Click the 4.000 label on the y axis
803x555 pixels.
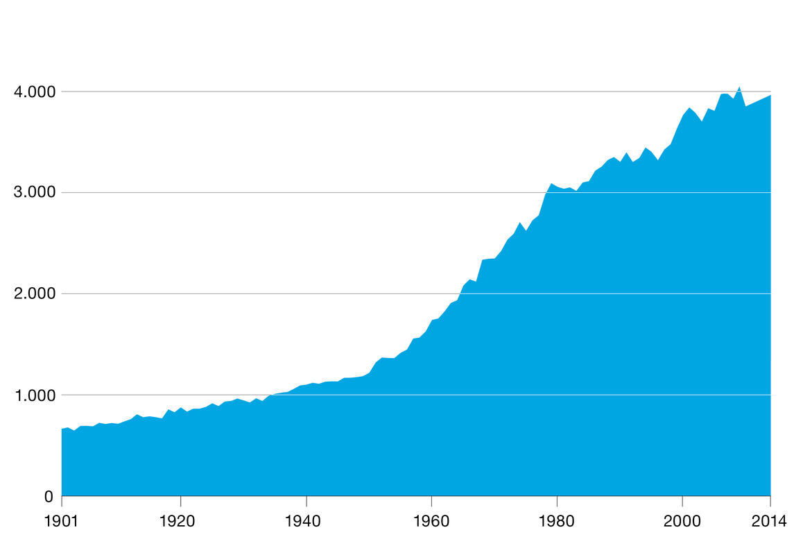point(34,92)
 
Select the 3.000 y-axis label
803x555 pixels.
point(34,193)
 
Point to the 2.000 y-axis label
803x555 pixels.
point(34,294)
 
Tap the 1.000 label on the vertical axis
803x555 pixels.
point(34,395)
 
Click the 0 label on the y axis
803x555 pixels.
point(49,497)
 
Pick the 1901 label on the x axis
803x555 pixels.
point(62,521)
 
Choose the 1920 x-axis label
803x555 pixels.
point(178,521)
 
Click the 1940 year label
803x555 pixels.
point(302,521)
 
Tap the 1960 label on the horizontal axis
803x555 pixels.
point(431,521)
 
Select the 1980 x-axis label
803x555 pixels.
point(556,521)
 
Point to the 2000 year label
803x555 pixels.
point(682,521)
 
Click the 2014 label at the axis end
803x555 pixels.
point(769,521)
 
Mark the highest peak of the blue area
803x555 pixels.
point(739,87)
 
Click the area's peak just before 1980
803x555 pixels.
point(551,183)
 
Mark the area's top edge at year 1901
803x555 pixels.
point(62,429)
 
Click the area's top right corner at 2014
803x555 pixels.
point(770,95)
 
